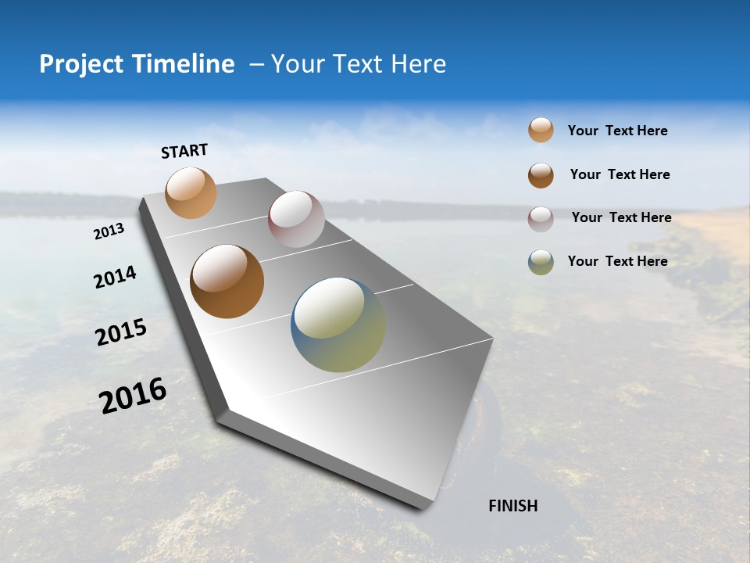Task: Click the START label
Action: (184, 151)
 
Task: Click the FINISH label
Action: (512, 506)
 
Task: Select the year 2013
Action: (109, 231)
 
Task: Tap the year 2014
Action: (115, 278)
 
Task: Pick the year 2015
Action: (121, 332)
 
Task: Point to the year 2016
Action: (133, 396)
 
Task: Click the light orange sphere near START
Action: (191, 192)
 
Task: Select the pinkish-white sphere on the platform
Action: (296, 219)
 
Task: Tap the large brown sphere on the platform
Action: (227, 281)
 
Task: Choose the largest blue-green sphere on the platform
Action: (337, 325)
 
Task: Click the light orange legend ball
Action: (541, 130)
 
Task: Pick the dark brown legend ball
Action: (541, 175)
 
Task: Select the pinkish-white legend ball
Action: (541, 219)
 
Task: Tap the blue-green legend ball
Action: (541, 262)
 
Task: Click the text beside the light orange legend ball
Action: (617, 131)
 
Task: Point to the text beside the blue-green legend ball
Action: (617, 261)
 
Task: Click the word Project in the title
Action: (80, 64)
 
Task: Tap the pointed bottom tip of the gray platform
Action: (422, 507)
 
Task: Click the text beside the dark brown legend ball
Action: (620, 174)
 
